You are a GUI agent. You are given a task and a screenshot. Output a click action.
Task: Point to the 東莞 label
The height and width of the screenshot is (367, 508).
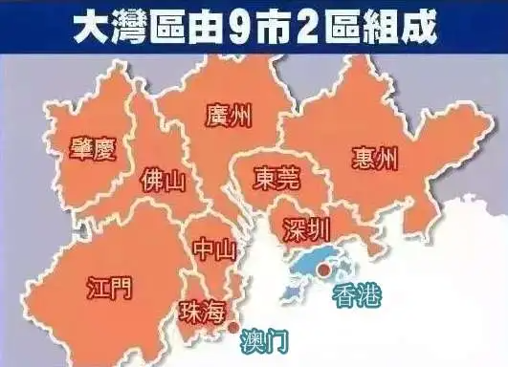point(276,179)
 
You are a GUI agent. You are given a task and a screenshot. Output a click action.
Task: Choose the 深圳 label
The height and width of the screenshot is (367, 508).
point(307,230)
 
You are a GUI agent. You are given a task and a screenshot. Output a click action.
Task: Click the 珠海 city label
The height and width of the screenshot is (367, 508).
point(203,311)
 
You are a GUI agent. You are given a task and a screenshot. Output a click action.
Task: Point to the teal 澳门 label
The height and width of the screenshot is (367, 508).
point(263,338)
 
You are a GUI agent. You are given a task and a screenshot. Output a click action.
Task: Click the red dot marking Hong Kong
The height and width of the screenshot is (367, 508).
point(324,271)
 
